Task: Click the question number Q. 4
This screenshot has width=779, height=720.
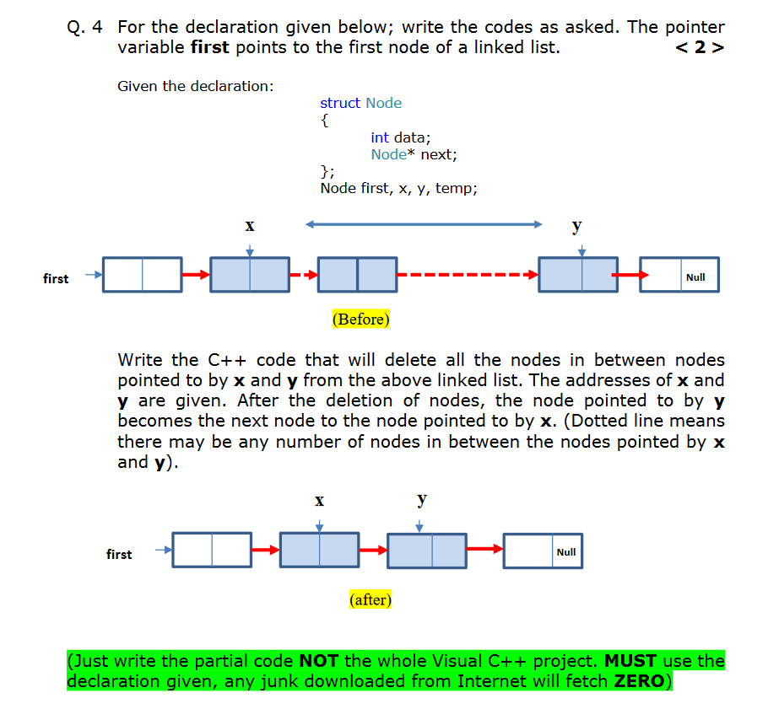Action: click(84, 27)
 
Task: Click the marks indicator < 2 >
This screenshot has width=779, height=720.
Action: click(701, 47)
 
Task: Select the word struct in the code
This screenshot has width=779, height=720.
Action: click(340, 103)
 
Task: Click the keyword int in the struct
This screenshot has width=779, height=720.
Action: click(380, 137)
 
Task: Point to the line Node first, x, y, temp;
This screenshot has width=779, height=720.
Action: click(398, 188)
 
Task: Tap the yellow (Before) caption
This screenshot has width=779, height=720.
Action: click(361, 320)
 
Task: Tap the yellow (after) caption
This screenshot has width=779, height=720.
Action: click(370, 599)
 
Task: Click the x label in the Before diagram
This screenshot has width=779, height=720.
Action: click(249, 226)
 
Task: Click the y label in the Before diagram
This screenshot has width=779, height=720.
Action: click(576, 225)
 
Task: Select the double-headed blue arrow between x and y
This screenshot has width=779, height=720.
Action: click(424, 224)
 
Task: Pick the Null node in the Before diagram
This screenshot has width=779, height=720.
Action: click(679, 275)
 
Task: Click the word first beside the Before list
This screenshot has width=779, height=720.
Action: click(56, 278)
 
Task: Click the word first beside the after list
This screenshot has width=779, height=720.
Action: click(119, 554)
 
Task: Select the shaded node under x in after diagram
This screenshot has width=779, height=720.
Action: click(319, 551)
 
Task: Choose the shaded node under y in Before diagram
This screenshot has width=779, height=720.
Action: click(578, 275)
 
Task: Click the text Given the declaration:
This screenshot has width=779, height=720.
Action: click(196, 86)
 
